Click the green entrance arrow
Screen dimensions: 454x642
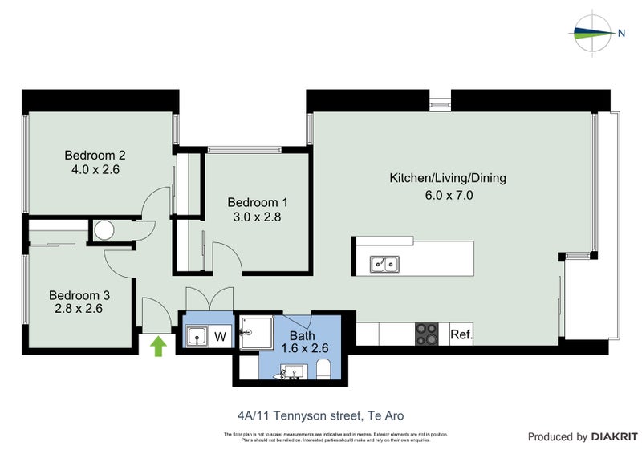click(160, 346)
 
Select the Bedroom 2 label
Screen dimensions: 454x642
click(95, 156)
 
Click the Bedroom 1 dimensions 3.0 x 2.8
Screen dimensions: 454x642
click(257, 216)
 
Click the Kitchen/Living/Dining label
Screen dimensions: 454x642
click(447, 178)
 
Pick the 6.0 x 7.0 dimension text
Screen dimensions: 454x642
click(447, 193)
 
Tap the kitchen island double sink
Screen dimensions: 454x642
click(384, 263)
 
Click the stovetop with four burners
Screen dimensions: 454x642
click(426, 334)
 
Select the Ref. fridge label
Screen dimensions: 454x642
click(461, 334)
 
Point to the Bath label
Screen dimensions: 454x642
click(303, 335)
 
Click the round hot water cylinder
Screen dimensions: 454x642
click(104, 231)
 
